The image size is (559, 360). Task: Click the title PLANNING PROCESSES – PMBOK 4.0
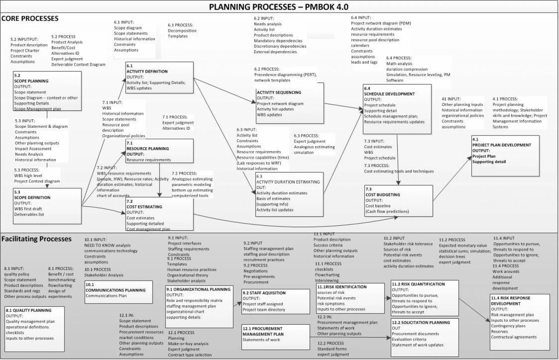click(279, 7)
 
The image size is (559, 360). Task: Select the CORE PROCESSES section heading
click(30, 19)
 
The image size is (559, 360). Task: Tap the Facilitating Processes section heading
click(36, 239)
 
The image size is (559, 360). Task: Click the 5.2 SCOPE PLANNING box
click(47, 91)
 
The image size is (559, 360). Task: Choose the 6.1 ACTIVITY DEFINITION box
click(160, 77)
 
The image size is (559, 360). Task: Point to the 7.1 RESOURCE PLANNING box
click(160, 151)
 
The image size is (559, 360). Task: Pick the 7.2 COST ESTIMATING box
click(160, 214)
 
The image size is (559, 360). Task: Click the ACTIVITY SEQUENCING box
click(290, 103)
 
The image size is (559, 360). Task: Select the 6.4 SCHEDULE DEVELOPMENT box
click(397, 109)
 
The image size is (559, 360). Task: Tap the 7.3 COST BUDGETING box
click(399, 201)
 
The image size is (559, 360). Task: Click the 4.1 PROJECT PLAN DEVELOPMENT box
click(505, 156)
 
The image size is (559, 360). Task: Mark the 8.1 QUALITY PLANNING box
click(34, 329)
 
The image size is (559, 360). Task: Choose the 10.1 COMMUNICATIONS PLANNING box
click(118, 292)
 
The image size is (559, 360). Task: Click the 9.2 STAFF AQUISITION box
click(275, 301)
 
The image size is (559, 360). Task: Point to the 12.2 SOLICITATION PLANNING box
click(424, 337)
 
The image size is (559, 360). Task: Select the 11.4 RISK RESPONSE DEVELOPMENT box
click(520, 322)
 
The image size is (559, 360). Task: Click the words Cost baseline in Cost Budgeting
click(378, 206)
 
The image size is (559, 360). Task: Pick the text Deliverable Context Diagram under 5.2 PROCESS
click(78, 65)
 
